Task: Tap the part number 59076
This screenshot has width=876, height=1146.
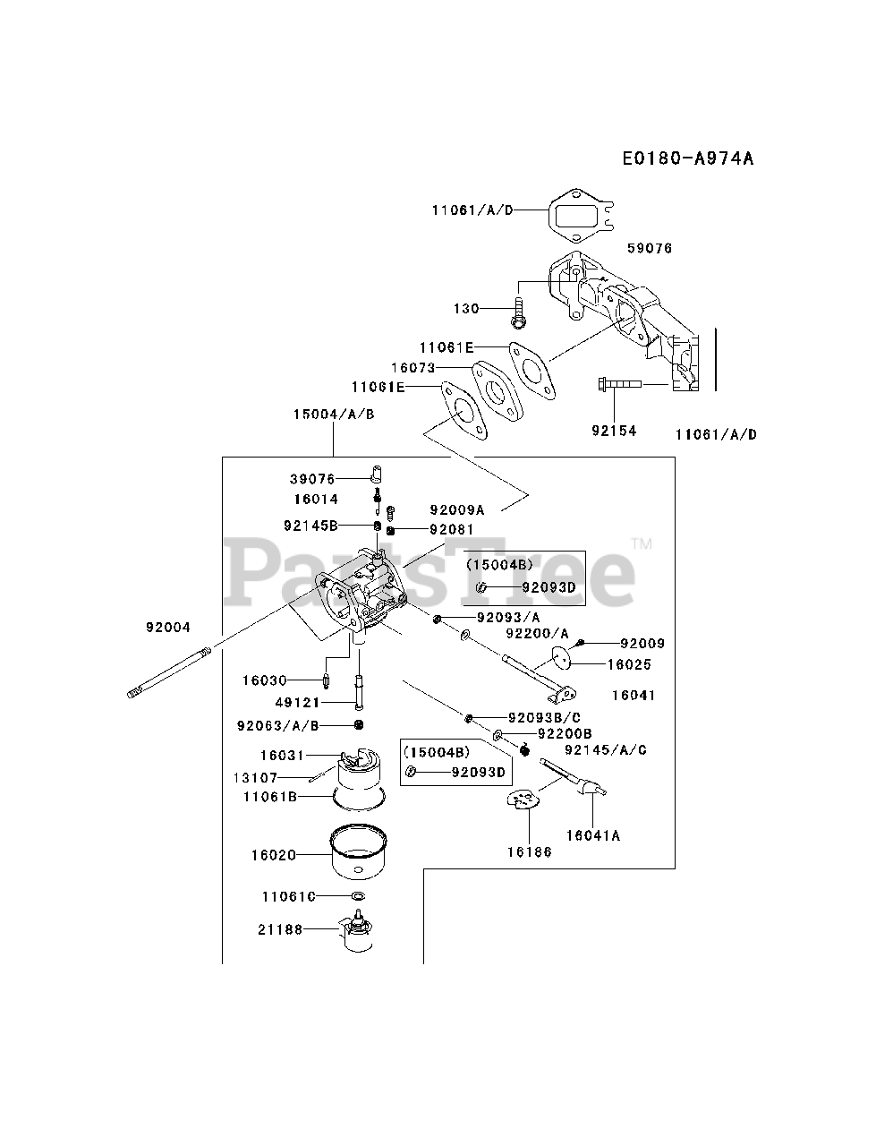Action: click(651, 248)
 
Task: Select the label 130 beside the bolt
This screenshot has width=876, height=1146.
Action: click(466, 308)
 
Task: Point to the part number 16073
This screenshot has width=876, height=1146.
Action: click(412, 367)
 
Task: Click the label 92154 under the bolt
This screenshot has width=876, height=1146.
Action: click(614, 431)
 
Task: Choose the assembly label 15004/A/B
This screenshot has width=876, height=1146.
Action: click(333, 414)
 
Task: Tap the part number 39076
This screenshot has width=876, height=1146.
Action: click(311, 479)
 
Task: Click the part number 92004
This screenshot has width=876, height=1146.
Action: click(168, 628)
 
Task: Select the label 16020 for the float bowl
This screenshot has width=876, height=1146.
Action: click(273, 855)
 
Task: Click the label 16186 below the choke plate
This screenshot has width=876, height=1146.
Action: click(529, 851)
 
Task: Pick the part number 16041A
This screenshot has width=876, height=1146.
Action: click(592, 835)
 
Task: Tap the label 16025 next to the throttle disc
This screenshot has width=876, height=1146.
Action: click(629, 664)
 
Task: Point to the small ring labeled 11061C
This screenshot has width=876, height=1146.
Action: click(357, 895)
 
